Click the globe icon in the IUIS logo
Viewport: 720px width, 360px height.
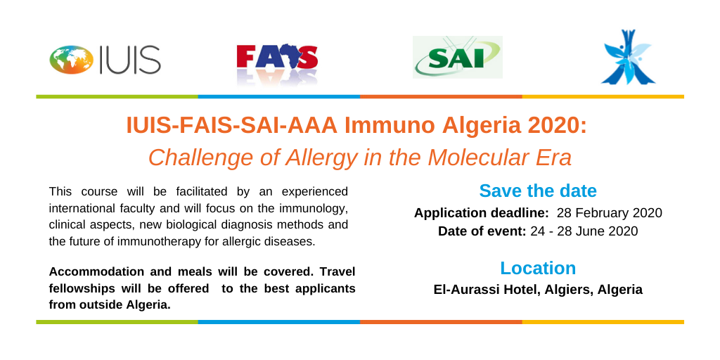(x=72, y=60)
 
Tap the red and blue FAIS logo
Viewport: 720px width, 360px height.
(x=277, y=63)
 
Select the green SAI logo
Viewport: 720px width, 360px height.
(x=457, y=58)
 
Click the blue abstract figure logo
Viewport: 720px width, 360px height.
(x=628, y=57)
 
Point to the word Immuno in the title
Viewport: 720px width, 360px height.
(x=389, y=127)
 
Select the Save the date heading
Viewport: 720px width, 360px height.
(x=538, y=191)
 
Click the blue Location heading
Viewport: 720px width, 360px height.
(x=538, y=268)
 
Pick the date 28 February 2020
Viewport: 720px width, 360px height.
(x=610, y=213)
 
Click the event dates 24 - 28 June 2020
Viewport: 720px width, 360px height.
(x=584, y=231)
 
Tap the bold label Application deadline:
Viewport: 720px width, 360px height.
(x=481, y=214)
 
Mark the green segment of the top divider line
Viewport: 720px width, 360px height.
(x=117, y=96)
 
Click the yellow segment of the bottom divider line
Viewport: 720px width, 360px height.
(x=603, y=322)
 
